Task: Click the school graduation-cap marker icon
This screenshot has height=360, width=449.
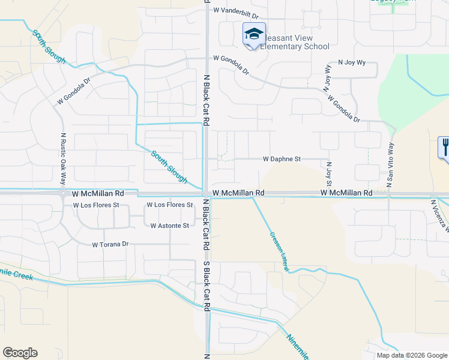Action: point(254,34)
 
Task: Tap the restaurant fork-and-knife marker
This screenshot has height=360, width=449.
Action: point(445,146)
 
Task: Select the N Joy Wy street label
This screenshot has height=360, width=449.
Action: point(352,62)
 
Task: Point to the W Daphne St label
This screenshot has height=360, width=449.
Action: point(281,160)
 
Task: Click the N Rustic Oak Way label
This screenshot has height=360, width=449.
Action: point(62,157)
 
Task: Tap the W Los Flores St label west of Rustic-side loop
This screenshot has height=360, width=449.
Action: point(97,205)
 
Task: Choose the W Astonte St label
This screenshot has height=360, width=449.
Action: point(169,226)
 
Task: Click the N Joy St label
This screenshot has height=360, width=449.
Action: point(329,174)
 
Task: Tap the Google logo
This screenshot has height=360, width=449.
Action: point(20,353)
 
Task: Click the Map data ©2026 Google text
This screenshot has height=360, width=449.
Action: point(411,355)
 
